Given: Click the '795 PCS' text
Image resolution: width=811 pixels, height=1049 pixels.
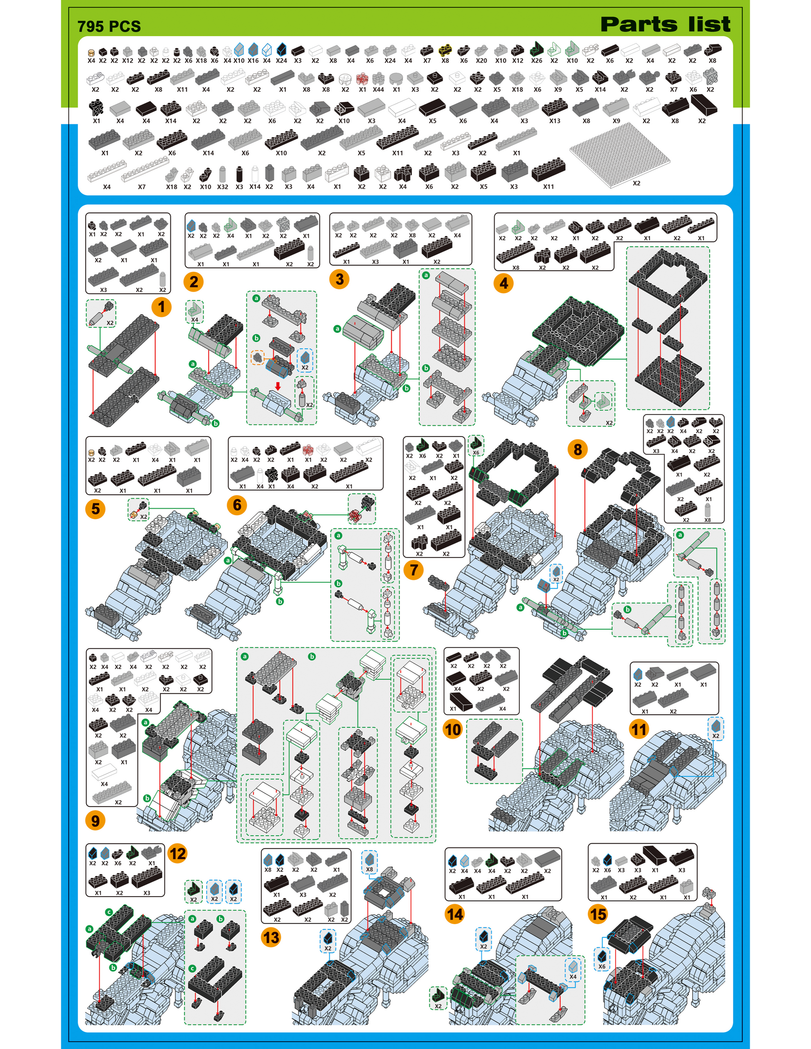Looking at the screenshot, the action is click(x=109, y=26).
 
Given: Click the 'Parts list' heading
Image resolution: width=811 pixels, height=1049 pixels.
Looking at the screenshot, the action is click(x=666, y=24).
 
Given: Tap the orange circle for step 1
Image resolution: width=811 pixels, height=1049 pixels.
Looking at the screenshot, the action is click(x=161, y=307).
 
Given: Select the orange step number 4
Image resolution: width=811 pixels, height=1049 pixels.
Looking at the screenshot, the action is click(x=503, y=283).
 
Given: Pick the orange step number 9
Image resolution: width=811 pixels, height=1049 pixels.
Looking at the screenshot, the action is click(x=95, y=820).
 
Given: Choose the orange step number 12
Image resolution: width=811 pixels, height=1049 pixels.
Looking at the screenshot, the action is click(x=177, y=854).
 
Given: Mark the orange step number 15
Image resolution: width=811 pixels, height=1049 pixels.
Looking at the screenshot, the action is click(x=598, y=914).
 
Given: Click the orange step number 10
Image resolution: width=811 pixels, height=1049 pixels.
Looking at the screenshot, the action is click(x=453, y=729).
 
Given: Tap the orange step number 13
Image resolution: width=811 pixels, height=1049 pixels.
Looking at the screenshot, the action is click(x=271, y=937).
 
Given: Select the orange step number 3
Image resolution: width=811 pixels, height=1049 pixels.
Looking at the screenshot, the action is click(x=339, y=279).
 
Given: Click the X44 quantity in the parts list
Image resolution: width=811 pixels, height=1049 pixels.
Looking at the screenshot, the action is click(x=378, y=89).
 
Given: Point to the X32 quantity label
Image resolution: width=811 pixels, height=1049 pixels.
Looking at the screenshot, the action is click(x=223, y=187).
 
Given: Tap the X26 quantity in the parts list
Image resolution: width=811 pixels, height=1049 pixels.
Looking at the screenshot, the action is click(x=537, y=61).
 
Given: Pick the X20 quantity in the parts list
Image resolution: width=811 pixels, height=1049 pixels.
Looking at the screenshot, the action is click(x=481, y=61).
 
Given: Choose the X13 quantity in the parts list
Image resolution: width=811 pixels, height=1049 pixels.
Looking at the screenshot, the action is click(x=555, y=121).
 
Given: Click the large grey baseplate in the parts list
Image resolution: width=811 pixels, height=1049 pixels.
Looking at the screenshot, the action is click(x=620, y=150).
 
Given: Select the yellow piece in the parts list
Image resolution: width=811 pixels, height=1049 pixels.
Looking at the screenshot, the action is click(x=445, y=50).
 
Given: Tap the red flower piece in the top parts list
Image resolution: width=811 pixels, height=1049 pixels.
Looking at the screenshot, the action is click(x=362, y=78).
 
